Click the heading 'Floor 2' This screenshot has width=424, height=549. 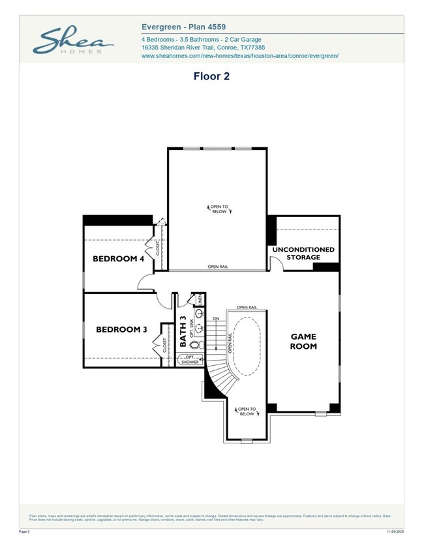pyautogui.click(x=211, y=76)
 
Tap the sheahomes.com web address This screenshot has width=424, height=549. pyautogui.click(x=239, y=56)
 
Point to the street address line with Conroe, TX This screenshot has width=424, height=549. pyautogui.click(x=203, y=48)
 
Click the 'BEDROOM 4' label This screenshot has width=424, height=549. pyautogui.click(x=118, y=259)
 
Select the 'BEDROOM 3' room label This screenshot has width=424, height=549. pyautogui.click(x=121, y=329)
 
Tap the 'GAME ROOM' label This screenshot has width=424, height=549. pyautogui.click(x=303, y=341)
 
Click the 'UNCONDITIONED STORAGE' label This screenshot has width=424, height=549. pyautogui.click(x=303, y=253)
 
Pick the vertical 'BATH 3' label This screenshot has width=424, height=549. pyautogui.click(x=183, y=331)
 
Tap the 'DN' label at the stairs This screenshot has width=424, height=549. pyautogui.click(x=216, y=319)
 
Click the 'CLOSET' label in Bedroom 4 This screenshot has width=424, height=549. pyautogui.click(x=157, y=246)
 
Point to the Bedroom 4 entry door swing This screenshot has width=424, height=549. pyautogui.click(x=144, y=281)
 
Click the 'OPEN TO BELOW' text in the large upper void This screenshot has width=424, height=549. pyautogui.click(x=219, y=209)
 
